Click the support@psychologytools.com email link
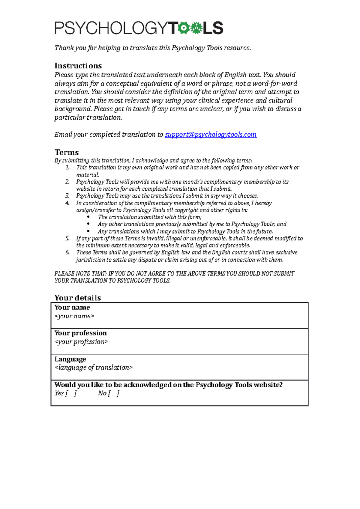[x=211, y=135]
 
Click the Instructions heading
[x=78, y=66]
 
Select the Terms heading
[x=67, y=152]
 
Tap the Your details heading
[x=77, y=298]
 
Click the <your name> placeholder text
[x=74, y=316]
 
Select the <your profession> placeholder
[x=81, y=342]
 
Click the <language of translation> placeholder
[x=93, y=368]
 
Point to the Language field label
[x=70, y=359]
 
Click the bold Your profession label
[x=80, y=333]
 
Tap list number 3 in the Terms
[x=67, y=196]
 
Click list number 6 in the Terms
[x=67, y=252]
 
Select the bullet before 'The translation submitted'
[x=88, y=217]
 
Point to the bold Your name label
[x=72, y=307]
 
